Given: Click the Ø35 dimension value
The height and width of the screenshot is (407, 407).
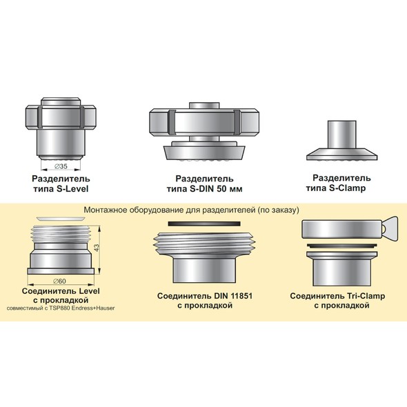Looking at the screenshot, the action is (61, 166).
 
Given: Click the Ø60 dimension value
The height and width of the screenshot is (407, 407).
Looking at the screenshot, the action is (59, 281).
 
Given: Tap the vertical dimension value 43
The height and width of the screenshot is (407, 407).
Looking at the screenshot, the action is (97, 248).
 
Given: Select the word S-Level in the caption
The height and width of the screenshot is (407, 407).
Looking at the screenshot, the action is (72, 189).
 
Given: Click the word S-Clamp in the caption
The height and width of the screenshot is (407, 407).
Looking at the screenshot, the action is (347, 188).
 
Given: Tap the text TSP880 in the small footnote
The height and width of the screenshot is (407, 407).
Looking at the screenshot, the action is (59, 308).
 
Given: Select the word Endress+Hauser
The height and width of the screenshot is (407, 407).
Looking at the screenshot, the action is (92, 308).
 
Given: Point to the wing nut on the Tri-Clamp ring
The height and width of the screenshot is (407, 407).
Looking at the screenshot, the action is (390, 228).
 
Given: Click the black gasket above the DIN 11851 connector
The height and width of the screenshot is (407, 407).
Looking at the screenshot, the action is (204, 224).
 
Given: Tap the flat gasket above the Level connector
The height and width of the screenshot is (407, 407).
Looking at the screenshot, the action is (61, 219).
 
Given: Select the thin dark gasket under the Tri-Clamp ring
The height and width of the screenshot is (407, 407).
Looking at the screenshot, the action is (342, 246).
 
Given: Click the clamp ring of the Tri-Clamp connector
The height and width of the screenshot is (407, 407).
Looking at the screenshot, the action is (342, 228).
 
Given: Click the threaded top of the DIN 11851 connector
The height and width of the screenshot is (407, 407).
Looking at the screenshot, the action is (205, 243).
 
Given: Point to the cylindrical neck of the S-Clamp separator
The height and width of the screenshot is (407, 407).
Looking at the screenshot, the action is (342, 135).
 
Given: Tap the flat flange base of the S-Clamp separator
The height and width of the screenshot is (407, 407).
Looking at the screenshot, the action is (342, 155).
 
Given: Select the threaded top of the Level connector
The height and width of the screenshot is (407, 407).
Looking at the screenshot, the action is (61, 234).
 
